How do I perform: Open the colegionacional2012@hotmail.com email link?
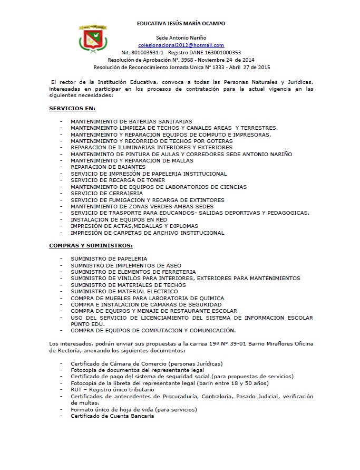pyautogui.click(x=181, y=45)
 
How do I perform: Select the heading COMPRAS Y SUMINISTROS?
pyautogui.click(x=91, y=245)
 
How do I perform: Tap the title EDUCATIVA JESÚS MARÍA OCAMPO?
pyautogui.click(x=181, y=24)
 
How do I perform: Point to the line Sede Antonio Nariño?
pyautogui.click(x=181, y=38)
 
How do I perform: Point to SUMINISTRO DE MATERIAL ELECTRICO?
pyautogui.click(x=124, y=291)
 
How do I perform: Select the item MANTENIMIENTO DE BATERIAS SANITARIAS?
pyautogui.click(x=131, y=121)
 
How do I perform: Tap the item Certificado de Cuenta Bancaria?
pyautogui.click(x=112, y=416)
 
